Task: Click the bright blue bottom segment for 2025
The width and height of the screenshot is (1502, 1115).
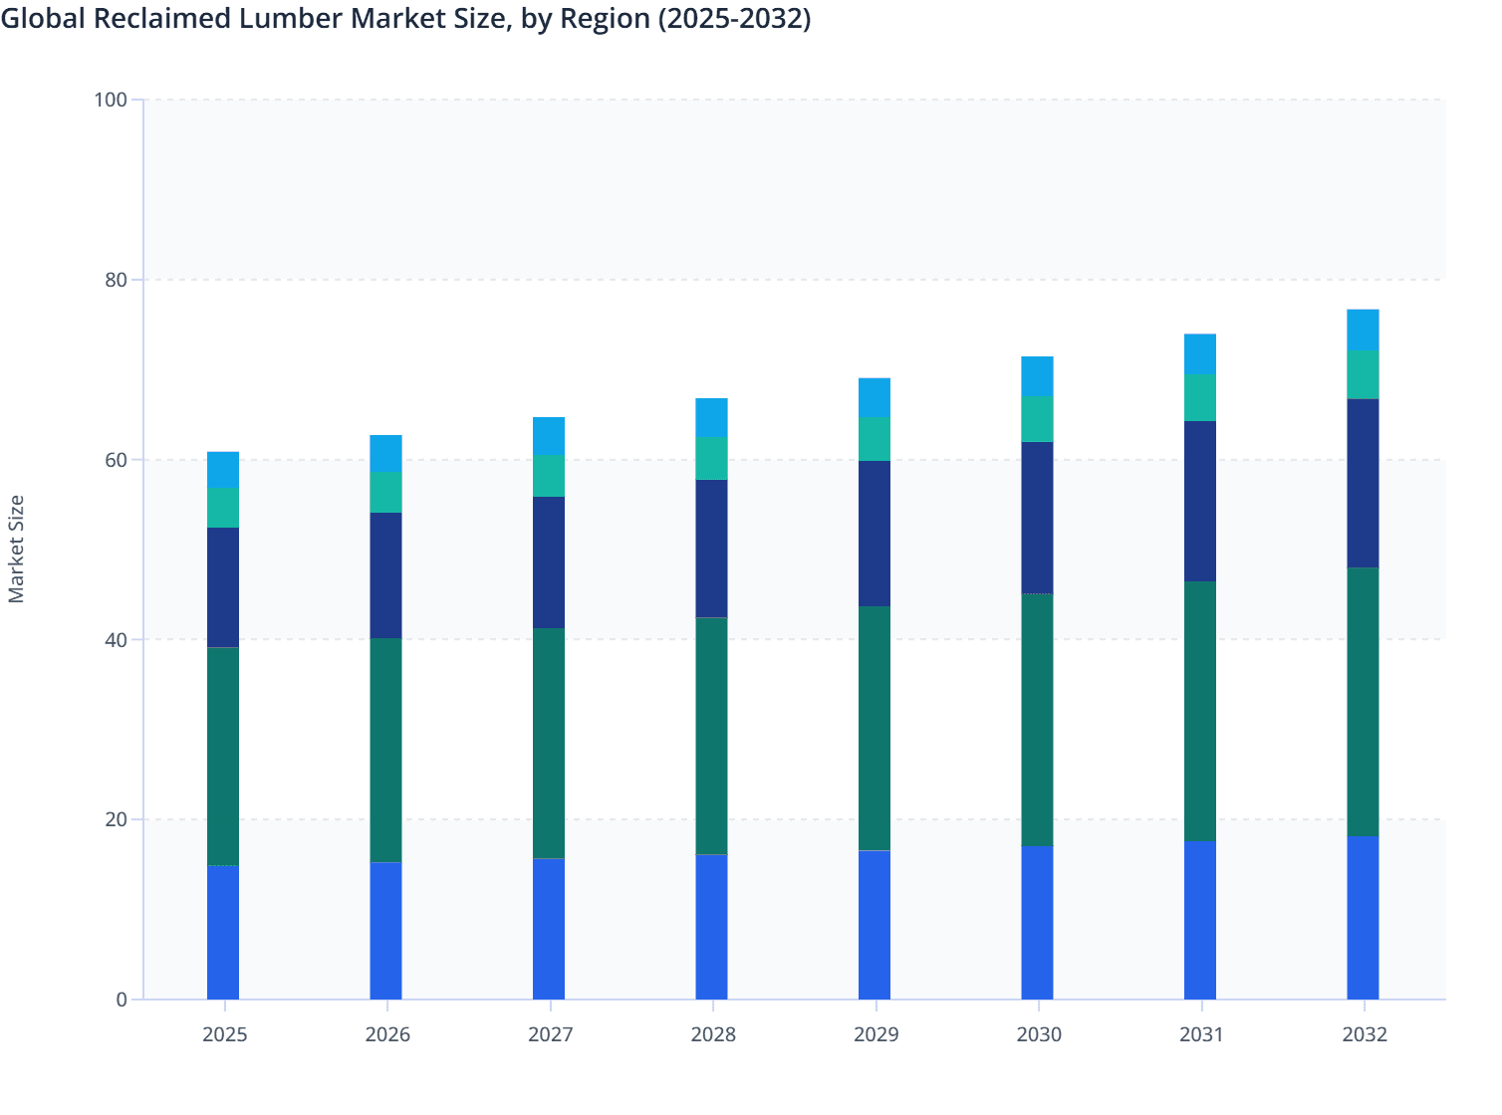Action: coord(223,932)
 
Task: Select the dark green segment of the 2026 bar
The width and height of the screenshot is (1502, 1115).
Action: coord(385,750)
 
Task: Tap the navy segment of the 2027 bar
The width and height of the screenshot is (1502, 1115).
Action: coord(549,562)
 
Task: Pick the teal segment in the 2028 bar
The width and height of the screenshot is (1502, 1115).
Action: coord(711,458)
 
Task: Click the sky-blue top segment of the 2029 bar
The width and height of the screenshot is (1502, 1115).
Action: coord(875,397)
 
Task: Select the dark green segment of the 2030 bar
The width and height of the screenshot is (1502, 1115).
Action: coord(1037,720)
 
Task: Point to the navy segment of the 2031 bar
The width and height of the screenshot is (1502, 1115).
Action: coord(1200,501)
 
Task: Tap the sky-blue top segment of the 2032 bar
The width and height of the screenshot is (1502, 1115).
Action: coord(1363,330)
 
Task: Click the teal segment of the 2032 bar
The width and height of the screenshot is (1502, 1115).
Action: coord(1363,374)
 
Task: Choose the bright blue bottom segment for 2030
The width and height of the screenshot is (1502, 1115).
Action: coord(1037,923)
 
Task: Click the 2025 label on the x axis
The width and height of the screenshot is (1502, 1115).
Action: coord(224,1034)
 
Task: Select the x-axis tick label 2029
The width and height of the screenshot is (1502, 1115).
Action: coord(876,1034)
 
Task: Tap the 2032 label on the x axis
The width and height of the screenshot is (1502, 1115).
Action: coord(1365,1034)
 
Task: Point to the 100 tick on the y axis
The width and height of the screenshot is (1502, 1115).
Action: coord(111,100)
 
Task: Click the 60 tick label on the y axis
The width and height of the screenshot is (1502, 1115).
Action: coord(116,460)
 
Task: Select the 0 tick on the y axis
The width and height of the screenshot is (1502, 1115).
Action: coord(122,1000)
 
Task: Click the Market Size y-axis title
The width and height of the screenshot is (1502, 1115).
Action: coord(16,549)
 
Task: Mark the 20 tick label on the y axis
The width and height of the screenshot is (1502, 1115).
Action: coord(116,819)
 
